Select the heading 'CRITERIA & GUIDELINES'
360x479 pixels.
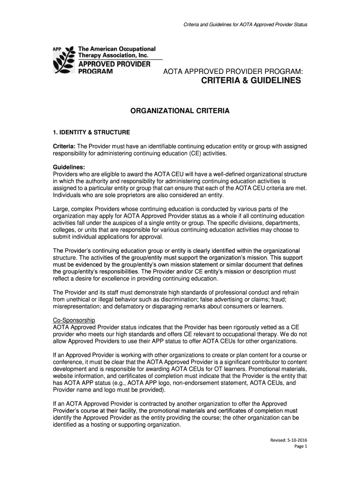click(251, 81)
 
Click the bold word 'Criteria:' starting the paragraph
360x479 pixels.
click(64, 146)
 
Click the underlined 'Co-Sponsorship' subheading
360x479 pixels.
click(74, 320)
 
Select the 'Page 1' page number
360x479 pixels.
click(300, 447)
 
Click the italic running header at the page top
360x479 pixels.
click(245, 24)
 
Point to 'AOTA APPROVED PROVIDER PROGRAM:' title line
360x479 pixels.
click(233, 71)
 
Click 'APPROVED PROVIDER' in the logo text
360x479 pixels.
click(114, 64)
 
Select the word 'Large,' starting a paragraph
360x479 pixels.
click(61, 209)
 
